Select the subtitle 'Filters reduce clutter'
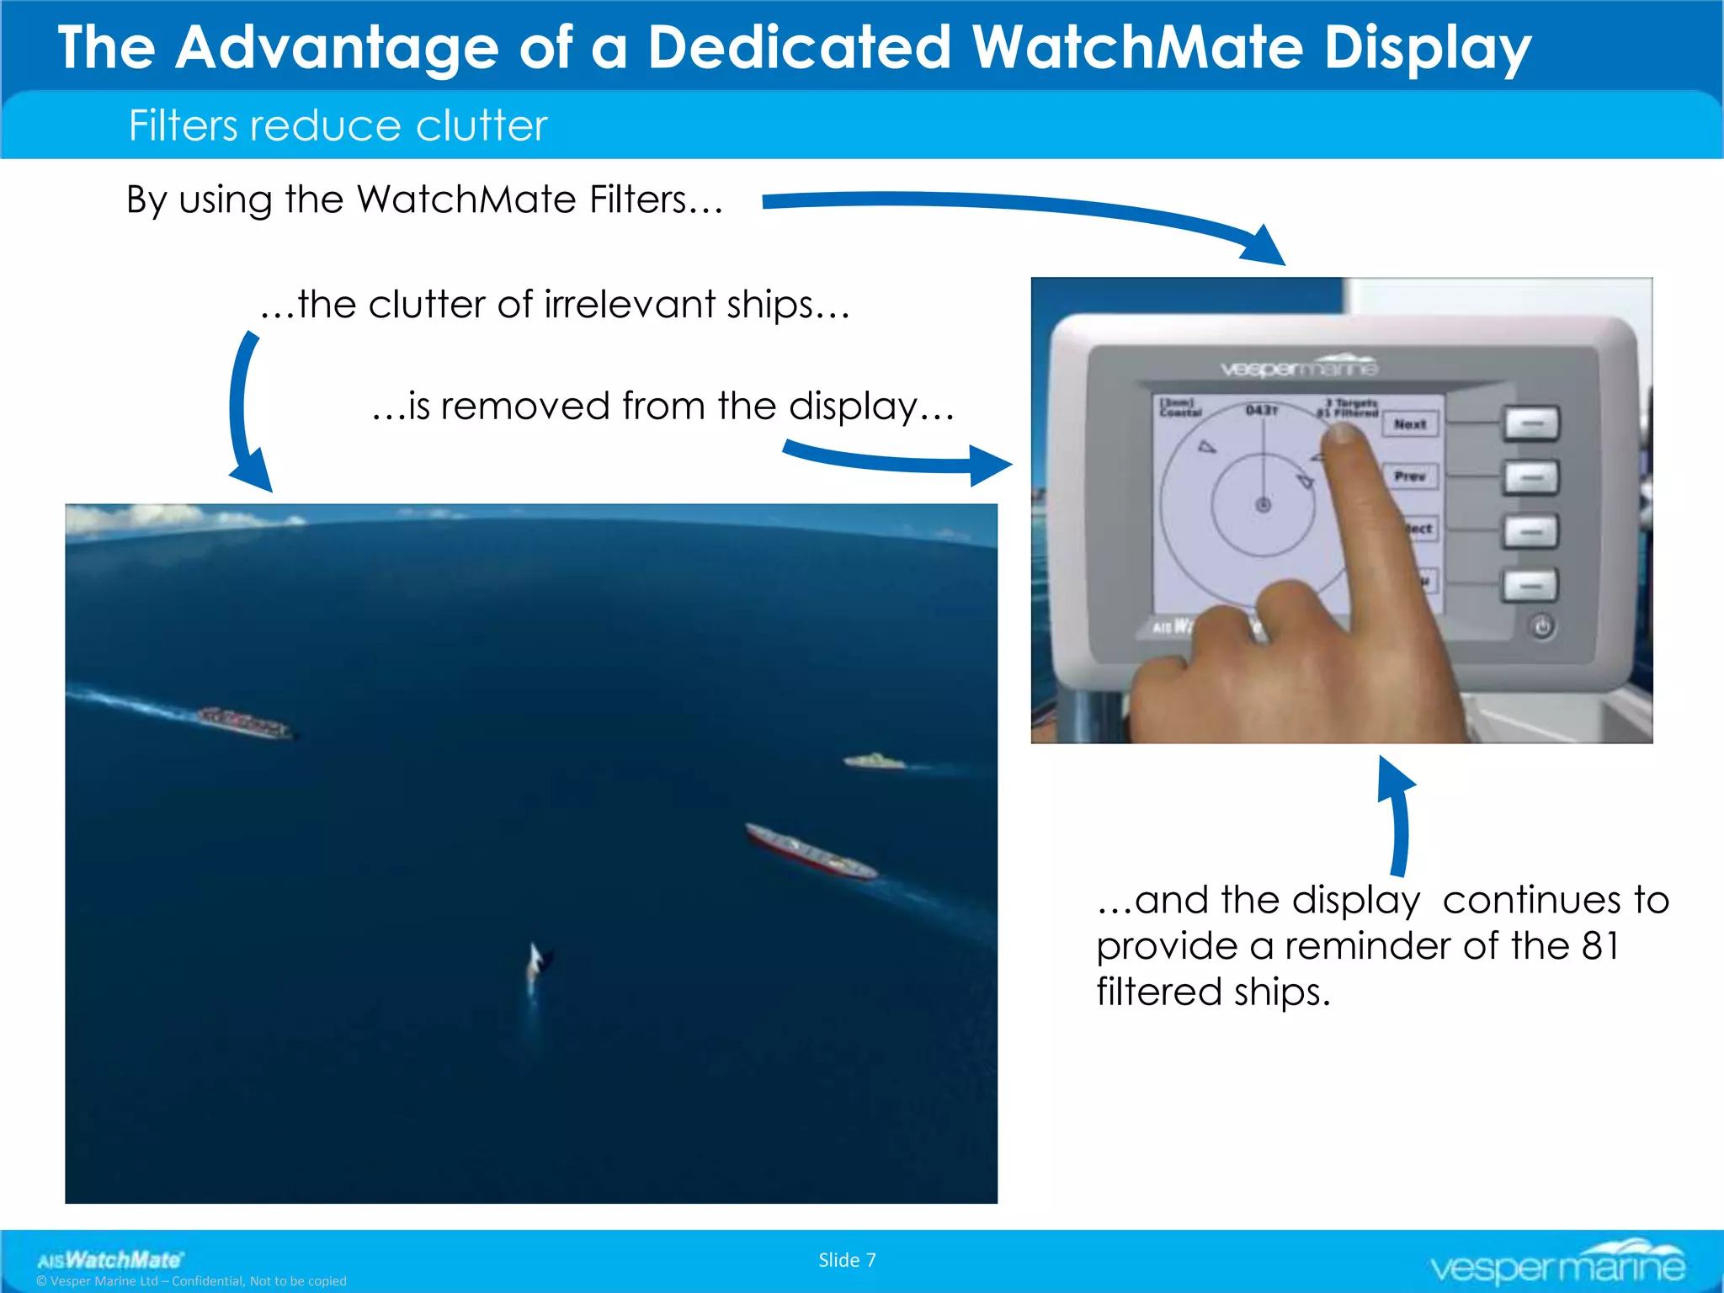click(338, 126)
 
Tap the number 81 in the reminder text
click(1599, 946)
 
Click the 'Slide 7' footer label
click(847, 1260)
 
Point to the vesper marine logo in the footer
click(1557, 1263)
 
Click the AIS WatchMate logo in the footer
click(109, 1259)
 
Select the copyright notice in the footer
click(191, 1281)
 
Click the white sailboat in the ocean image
click(536, 964)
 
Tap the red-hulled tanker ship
click(810, 852)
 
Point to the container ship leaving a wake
click(244, 722)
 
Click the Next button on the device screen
click(1410, 424)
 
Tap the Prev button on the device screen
click(1410, 476)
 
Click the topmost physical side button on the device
click(1531, 423)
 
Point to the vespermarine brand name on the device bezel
click(1299, 367)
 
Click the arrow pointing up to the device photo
click(1397, 817)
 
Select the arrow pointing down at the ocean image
click(246, 412)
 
